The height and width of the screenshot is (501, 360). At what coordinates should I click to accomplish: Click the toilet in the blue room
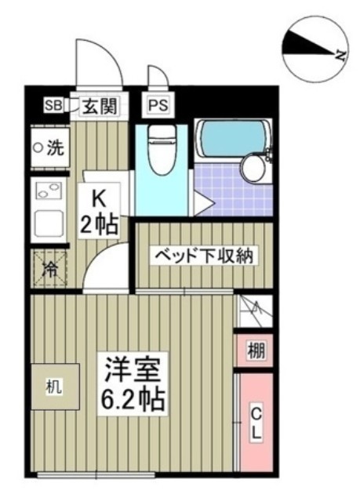(162, 149)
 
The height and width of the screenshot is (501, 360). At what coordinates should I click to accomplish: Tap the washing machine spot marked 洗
(49, 147)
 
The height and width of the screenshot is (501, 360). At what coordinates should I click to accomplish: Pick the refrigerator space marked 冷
(49, 270)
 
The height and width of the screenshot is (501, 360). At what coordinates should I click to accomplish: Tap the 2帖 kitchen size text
(99, 225)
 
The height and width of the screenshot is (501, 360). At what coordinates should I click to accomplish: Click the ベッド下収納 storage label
(202, 257)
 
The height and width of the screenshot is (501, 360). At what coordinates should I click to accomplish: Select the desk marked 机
(54, 387)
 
